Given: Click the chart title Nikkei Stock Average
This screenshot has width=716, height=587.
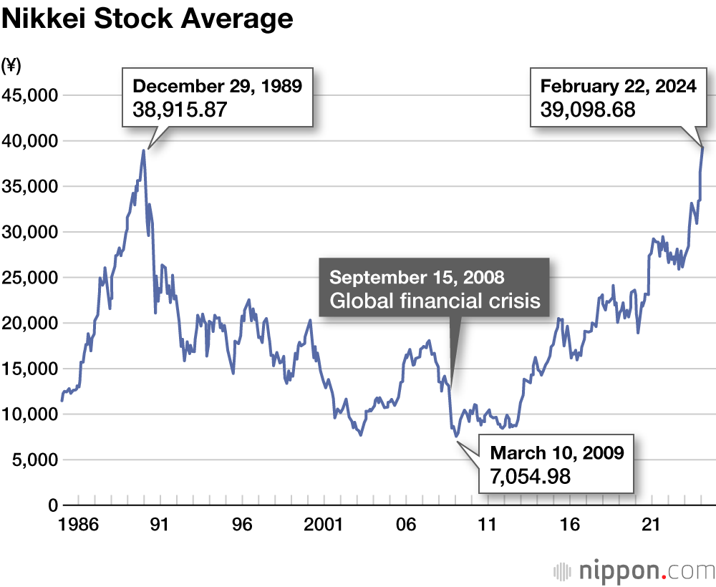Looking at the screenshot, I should [147, 19].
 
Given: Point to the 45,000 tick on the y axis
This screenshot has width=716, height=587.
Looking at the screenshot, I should [31, 95].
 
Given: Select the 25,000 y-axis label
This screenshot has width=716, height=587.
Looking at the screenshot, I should [31, 278].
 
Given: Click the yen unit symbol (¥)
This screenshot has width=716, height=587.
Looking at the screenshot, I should [12, 66].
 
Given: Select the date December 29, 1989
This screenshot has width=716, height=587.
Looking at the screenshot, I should [218, 87].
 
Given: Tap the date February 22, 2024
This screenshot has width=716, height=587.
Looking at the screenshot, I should [619, 87].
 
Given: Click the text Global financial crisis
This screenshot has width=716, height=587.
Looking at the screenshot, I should [435, 300].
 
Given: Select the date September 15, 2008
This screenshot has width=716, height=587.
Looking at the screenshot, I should [417, 277].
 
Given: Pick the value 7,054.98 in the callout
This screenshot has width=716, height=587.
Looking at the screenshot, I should [530, 475].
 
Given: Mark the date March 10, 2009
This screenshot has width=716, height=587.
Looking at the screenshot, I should [557, 452].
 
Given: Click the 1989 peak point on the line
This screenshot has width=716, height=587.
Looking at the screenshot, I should [144, 150].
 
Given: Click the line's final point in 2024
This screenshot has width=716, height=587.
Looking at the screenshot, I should [702, 147].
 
